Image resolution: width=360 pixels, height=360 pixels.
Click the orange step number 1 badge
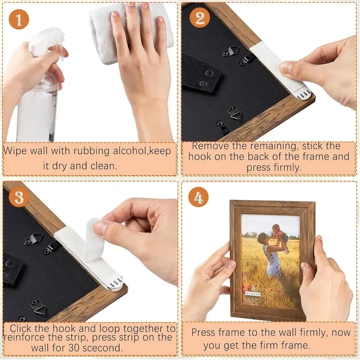click(x=19, y=19)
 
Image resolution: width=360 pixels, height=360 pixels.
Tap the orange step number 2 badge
click(x=199, y=18)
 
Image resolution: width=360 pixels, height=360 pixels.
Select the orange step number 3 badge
click(x=19, y=197)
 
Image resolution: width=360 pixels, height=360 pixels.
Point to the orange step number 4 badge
click(x=198, y=197)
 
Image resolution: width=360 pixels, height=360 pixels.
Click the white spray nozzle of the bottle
click(x=48, y=41)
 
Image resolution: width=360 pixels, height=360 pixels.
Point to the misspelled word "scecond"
click(x=102, y=348)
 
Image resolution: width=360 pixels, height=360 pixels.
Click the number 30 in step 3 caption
click(x=74, y=348)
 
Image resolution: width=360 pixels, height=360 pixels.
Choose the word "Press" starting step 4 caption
click(x=203, y=333)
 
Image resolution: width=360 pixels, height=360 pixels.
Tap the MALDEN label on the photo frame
click(x=253, y=293)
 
